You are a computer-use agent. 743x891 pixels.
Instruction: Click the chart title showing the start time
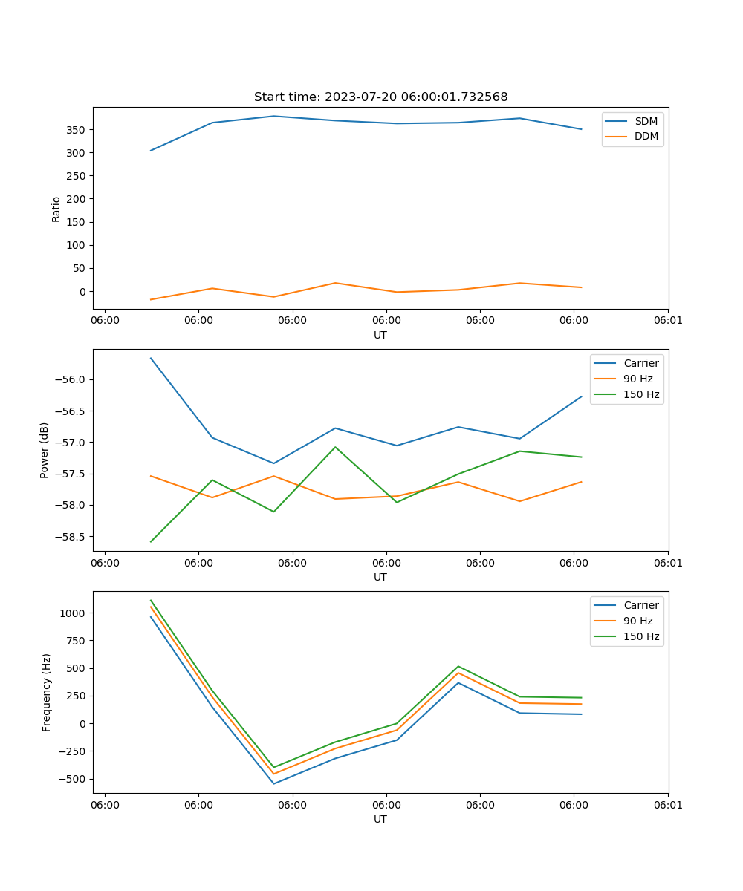click(x=380, y=97)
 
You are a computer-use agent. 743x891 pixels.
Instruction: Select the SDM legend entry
click(x=646, y=121)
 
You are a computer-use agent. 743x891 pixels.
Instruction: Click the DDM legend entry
click(x=646, y=137)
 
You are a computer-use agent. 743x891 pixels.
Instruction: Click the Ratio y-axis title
click(x=56, y=209)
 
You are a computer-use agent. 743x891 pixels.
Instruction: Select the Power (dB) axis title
click(x=45, y=450)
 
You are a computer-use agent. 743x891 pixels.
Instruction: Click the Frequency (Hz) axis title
click(x=47, y=692)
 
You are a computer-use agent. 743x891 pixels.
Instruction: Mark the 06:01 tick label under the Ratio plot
click(x=668, y=320)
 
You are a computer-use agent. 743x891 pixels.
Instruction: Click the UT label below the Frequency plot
click(x=380, y=820)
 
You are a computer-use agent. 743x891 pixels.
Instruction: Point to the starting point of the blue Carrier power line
click(x=151, y=358)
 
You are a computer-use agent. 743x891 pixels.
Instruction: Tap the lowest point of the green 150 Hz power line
click(x=151, y=541)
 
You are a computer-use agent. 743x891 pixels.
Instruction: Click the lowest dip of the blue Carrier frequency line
click(x=273, y=783)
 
